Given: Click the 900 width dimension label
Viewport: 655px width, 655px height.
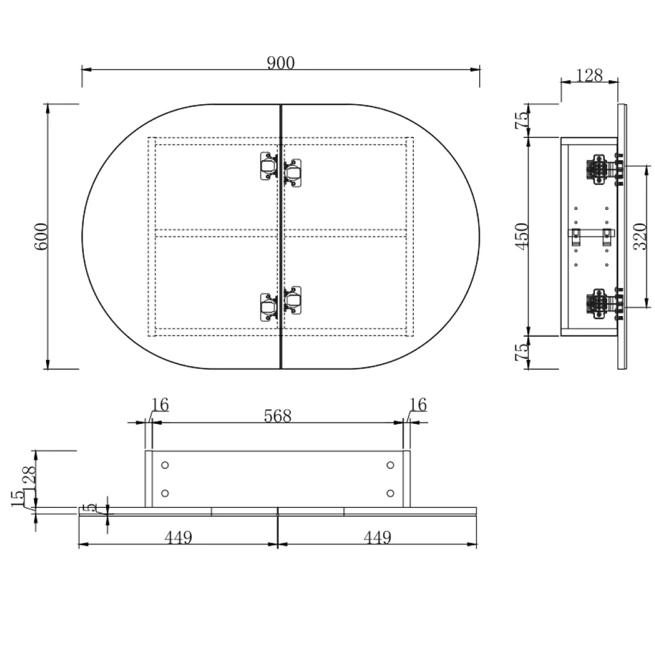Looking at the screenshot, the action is point(281,63).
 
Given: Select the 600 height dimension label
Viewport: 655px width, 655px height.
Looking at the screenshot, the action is point(41,237).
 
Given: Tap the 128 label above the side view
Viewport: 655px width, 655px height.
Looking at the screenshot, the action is point(589,75).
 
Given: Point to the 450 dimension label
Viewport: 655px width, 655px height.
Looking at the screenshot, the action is point(522,237).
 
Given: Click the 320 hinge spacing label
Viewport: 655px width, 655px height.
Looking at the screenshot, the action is point(640,237).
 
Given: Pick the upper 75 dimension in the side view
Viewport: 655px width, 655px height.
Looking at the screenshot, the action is point(522,120).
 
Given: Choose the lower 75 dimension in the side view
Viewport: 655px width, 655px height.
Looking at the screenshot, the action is point(522,352).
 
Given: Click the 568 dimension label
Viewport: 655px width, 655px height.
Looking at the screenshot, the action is point(278,416).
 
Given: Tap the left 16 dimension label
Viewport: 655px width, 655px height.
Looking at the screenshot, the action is point(159,405).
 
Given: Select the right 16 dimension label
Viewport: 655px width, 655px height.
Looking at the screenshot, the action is point(418,405).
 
